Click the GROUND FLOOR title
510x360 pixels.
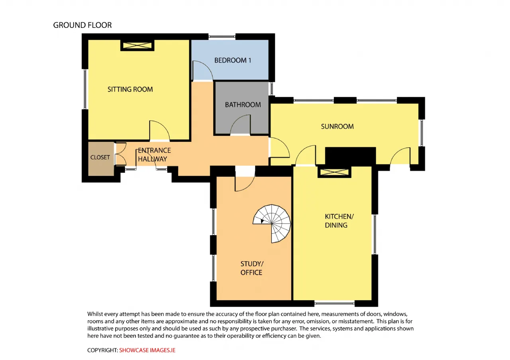coord(82,25)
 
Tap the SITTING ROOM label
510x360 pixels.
coord(130,89)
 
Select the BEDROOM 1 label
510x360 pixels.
coord(233,60)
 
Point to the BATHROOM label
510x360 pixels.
coord(243,105)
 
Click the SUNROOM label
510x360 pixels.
coord(337,127)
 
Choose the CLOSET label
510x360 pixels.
coord(100,157)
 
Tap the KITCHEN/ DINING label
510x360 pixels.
coord(339,221)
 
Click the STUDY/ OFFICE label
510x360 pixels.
coord(252,268)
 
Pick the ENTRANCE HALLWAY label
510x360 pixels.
coord(154,155)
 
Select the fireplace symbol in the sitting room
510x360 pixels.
coord(137,45)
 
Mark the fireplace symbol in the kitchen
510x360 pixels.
coord(334,172)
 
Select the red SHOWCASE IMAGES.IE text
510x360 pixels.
coord(147,350)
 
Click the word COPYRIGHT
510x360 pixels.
coord(102,350)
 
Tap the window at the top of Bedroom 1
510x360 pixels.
coord(222,36)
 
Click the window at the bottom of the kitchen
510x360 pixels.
coord(334,303)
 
